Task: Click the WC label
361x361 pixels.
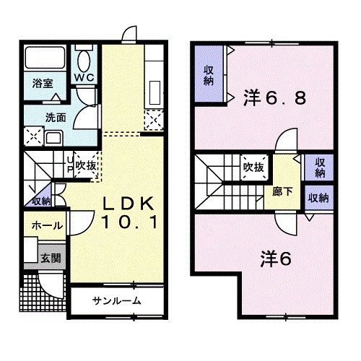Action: pos(84,77)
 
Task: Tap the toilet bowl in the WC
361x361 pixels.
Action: pos(84,61)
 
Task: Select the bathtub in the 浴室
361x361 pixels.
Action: pos(45,58)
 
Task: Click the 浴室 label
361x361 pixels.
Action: pos(43,84)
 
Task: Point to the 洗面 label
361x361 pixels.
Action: pos(56,118)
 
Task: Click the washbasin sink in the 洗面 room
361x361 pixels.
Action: pos(54,139)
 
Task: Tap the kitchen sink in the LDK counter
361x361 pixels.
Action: pos(155,92)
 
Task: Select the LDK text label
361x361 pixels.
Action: pos(129,204)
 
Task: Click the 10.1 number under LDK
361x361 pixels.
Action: pos(130,222)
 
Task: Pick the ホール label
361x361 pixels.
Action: pos(48,226)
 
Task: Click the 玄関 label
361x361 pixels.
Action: pos(51,258)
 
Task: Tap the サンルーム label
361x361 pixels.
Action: pos(117,301)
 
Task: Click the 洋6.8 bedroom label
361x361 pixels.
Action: pos(275,98)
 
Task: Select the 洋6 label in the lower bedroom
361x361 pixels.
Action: pos(276,259)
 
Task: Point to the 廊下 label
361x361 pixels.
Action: pos(282,192)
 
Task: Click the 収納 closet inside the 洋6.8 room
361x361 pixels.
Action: pos(209,74)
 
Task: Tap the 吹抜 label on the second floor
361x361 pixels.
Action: pos(253,167)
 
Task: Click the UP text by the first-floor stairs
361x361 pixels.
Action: pos(70,165)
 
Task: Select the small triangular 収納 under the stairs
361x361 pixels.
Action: pos(40,197)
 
